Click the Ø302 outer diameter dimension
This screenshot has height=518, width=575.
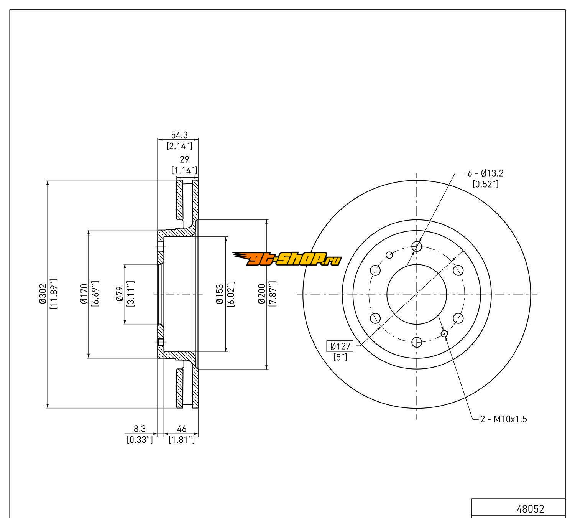point(42,294)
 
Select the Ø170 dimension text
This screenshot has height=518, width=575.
point(85,294)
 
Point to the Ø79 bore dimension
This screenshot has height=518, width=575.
point(119,294)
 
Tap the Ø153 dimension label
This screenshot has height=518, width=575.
point(220,294)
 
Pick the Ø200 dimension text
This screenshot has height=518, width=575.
point(262,294)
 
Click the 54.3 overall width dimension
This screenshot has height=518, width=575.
point(179,135)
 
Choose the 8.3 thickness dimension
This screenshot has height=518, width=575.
point(140,428)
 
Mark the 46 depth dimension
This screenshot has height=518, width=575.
point(182,428)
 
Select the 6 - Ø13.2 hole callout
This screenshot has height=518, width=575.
point(485,173)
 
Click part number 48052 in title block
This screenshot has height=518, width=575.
point(530,509)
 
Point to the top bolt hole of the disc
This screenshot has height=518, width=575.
point(417,246)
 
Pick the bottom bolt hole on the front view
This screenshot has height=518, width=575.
point(417,342)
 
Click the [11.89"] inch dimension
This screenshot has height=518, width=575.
point(53,294)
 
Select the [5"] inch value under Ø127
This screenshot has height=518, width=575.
point(340,357)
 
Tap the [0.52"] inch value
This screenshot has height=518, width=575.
point(485,184)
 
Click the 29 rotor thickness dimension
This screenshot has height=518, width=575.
point(184,159)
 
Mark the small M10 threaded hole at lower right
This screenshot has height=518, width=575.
point(444,333)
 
